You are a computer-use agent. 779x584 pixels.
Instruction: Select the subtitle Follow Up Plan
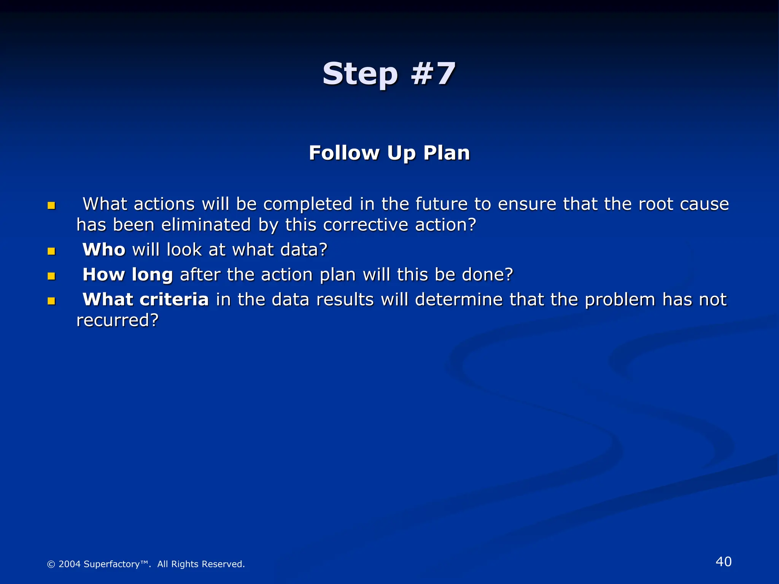click(x=389, y=153)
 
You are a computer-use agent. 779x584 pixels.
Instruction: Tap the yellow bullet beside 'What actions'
click(x=51, y=206)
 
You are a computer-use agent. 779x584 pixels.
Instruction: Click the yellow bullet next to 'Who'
click(x=51, y=251)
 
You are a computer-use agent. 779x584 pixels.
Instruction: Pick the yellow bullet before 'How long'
click(x=51, y=276)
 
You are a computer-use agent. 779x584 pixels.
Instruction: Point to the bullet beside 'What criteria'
click(x=51, y=301)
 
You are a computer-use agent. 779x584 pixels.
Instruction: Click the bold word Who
click(x=104, y=250)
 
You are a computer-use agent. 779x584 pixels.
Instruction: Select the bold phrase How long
click(x=127, y=275)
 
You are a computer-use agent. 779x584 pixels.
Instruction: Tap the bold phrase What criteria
click(x=146, y=300)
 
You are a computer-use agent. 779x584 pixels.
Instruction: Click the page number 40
click(x=723, y=562)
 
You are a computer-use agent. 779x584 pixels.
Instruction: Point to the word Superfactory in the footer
click(x=111, y=564)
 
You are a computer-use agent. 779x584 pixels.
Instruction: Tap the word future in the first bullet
click(x=441, y=204)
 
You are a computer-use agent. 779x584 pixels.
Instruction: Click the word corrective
click(x=365, y=225)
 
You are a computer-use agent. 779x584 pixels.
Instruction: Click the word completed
click(x=308, y=204)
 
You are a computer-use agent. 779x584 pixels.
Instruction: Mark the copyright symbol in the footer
click(x=51, y=564)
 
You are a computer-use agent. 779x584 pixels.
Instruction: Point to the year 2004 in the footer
click(x=69, y=564)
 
